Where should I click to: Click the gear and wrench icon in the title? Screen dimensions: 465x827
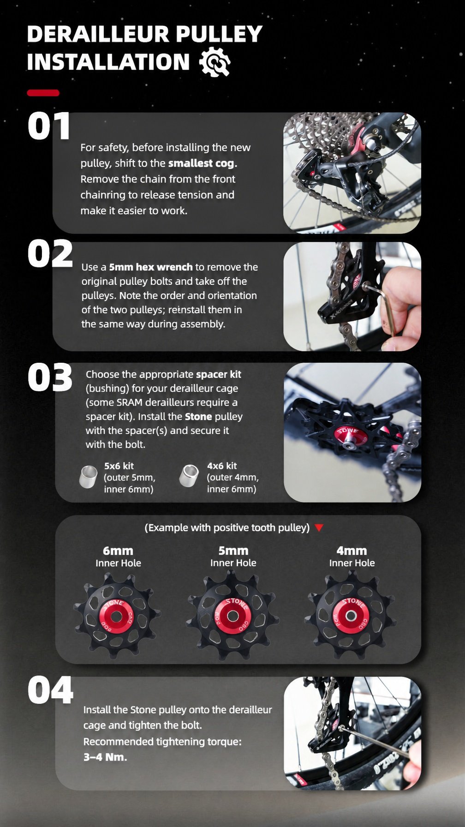(x=215, y=62)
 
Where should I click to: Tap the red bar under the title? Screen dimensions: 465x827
(x=43, y=93)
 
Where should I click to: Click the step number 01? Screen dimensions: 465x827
(x=49, y=126)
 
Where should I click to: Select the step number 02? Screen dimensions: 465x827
(x=50, y=253)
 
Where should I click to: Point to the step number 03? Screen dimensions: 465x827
(x=50, y=378)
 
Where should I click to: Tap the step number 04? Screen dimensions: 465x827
(x=50, y=690)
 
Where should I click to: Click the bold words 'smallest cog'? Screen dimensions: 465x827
(x=201, y=163)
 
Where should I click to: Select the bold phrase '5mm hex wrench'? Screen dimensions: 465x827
(x=151, y=267)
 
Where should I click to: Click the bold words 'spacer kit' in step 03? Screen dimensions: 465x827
(x=218, y=374)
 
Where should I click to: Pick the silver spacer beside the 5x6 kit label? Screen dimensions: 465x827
(x=89, y=477)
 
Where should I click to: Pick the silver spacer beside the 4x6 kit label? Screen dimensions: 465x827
(x=189, y=476)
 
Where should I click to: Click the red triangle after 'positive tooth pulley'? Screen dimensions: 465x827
(x=319, y=527)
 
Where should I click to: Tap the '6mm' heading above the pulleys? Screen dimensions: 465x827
(x=118, y=551)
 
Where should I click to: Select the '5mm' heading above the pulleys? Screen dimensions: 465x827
(x=233, y=551)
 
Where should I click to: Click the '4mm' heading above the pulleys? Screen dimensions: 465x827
(x=352, y=551)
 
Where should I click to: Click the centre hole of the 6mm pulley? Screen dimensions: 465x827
(x=116, y=617)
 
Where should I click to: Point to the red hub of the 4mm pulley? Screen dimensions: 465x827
(x=351, y=616)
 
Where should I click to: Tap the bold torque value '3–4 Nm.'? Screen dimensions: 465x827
(x=105, y=757)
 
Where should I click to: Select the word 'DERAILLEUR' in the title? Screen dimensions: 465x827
(x=97, y=34)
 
